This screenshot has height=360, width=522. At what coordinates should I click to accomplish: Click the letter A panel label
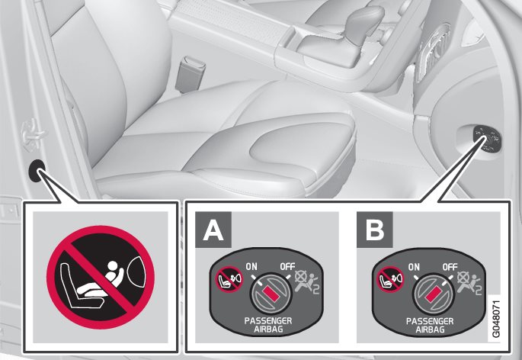(x=213, y=230)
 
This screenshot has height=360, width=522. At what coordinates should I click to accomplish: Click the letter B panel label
(x=374, y=230)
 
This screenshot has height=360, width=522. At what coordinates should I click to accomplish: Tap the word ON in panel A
(x=251, y=267)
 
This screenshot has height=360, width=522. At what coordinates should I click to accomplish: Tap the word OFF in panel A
(x=287, y=267)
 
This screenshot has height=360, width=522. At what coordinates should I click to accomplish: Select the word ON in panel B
(x=414, y=267)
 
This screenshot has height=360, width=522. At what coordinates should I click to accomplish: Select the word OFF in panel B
(x=450, y=267)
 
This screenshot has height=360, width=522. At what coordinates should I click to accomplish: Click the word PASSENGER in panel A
(x=268, y=320)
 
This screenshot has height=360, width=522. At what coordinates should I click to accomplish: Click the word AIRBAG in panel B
(x=430, y=329)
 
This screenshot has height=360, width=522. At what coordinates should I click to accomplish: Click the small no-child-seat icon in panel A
(x=229, y=279)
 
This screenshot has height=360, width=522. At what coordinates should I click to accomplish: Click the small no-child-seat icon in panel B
(x=390, y=279)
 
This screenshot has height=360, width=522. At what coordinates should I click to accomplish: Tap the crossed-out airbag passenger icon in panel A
(x=307, y=282)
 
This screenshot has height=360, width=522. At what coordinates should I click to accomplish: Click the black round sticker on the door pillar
(x=37, y=171)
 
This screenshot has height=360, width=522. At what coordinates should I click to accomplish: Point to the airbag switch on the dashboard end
(x=487, y=139)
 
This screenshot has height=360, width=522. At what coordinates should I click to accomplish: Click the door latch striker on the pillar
(x=33, y=133)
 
